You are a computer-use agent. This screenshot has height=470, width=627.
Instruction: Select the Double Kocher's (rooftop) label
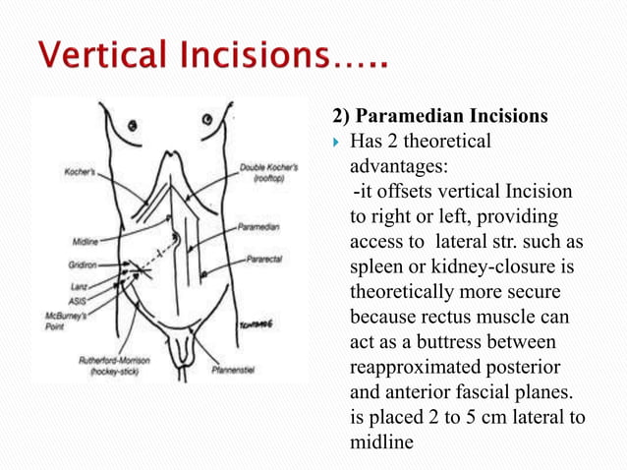264,173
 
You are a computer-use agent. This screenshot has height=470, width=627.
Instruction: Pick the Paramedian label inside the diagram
260,226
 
